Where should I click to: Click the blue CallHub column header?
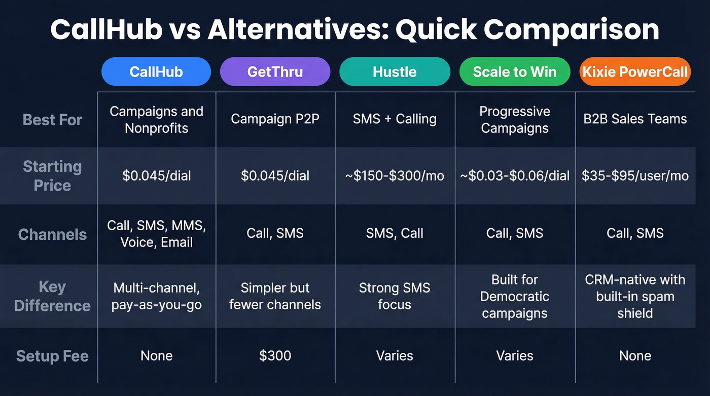click(x=156, y=71)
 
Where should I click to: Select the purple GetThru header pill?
click(x=275, y=71)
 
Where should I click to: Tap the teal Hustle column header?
click(x=395, y=71)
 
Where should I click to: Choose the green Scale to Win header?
click(x=515, y=71)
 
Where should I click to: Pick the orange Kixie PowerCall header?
click(x=635, y=71)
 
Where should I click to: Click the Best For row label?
click(x=52, y=120)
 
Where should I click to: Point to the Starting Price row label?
click(x=52, y=176)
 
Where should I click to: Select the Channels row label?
click(x=52, y=234)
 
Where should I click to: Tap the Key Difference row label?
click(x=52, y=297)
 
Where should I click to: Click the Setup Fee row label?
click(x=52, y=356)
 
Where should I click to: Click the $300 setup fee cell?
click(x=275, y=355)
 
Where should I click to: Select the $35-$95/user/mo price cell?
click(x=635, y=176)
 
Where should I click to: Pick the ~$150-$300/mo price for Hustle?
click(x=395, y=176)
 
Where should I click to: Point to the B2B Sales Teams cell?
click(x=635, y=119)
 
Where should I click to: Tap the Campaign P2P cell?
click(x=275, y=119)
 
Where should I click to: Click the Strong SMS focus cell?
click(x=395, y=296)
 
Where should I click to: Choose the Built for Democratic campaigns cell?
click(x=515, y=296)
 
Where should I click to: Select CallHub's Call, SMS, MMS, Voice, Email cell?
click(x=156, y=234)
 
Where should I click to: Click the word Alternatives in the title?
click(x=297, y=30)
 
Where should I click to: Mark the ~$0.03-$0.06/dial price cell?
click(x=515, y=176)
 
